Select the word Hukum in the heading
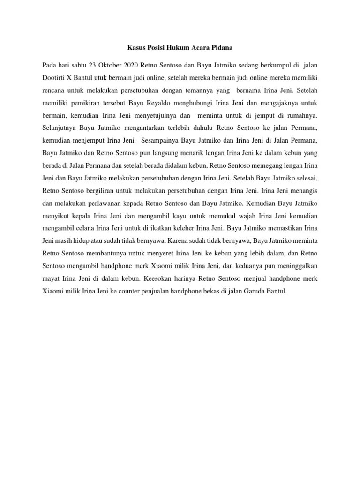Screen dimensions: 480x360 [180, 47]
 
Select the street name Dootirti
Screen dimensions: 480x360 [55, 77]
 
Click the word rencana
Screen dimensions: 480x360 [54, 90]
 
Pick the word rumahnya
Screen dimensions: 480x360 [299, 115]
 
